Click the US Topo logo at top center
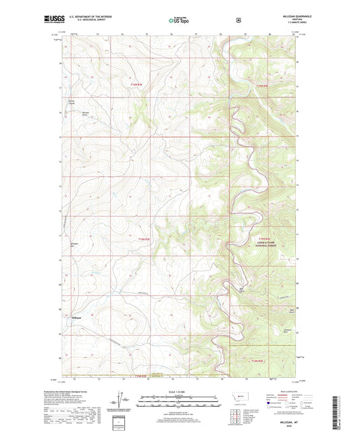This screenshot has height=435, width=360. pyautogui.click(x=179, y=21)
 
